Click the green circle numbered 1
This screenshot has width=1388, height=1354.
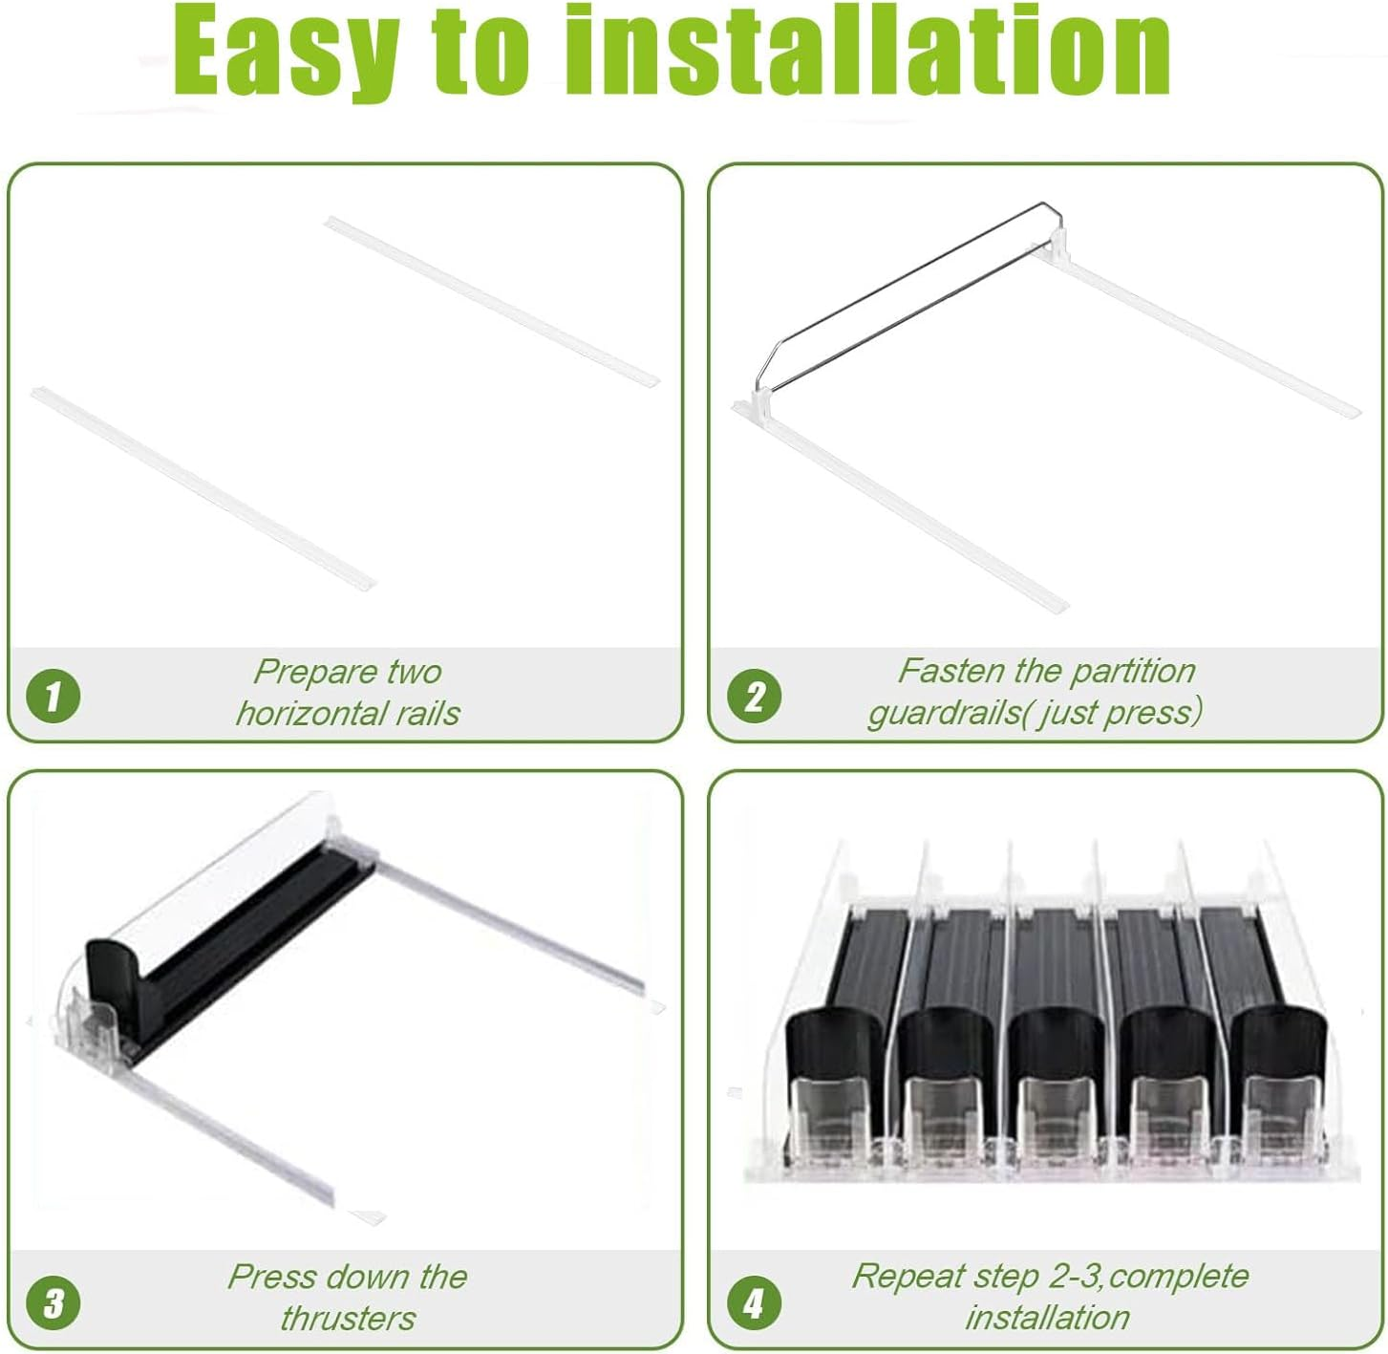[x=53, y=696]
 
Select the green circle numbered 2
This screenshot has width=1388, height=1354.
[x=754, y=696]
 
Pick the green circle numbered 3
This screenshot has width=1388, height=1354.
[x=53, y=1302]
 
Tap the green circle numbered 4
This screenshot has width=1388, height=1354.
[x=754, y=1302]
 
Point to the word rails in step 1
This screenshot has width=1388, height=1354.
[x=429, y=714]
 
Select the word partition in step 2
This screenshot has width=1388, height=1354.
[x=1133, y=672]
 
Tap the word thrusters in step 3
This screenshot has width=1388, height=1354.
[x=348, y=1319]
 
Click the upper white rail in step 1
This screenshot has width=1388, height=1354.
[x=491, y=301]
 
